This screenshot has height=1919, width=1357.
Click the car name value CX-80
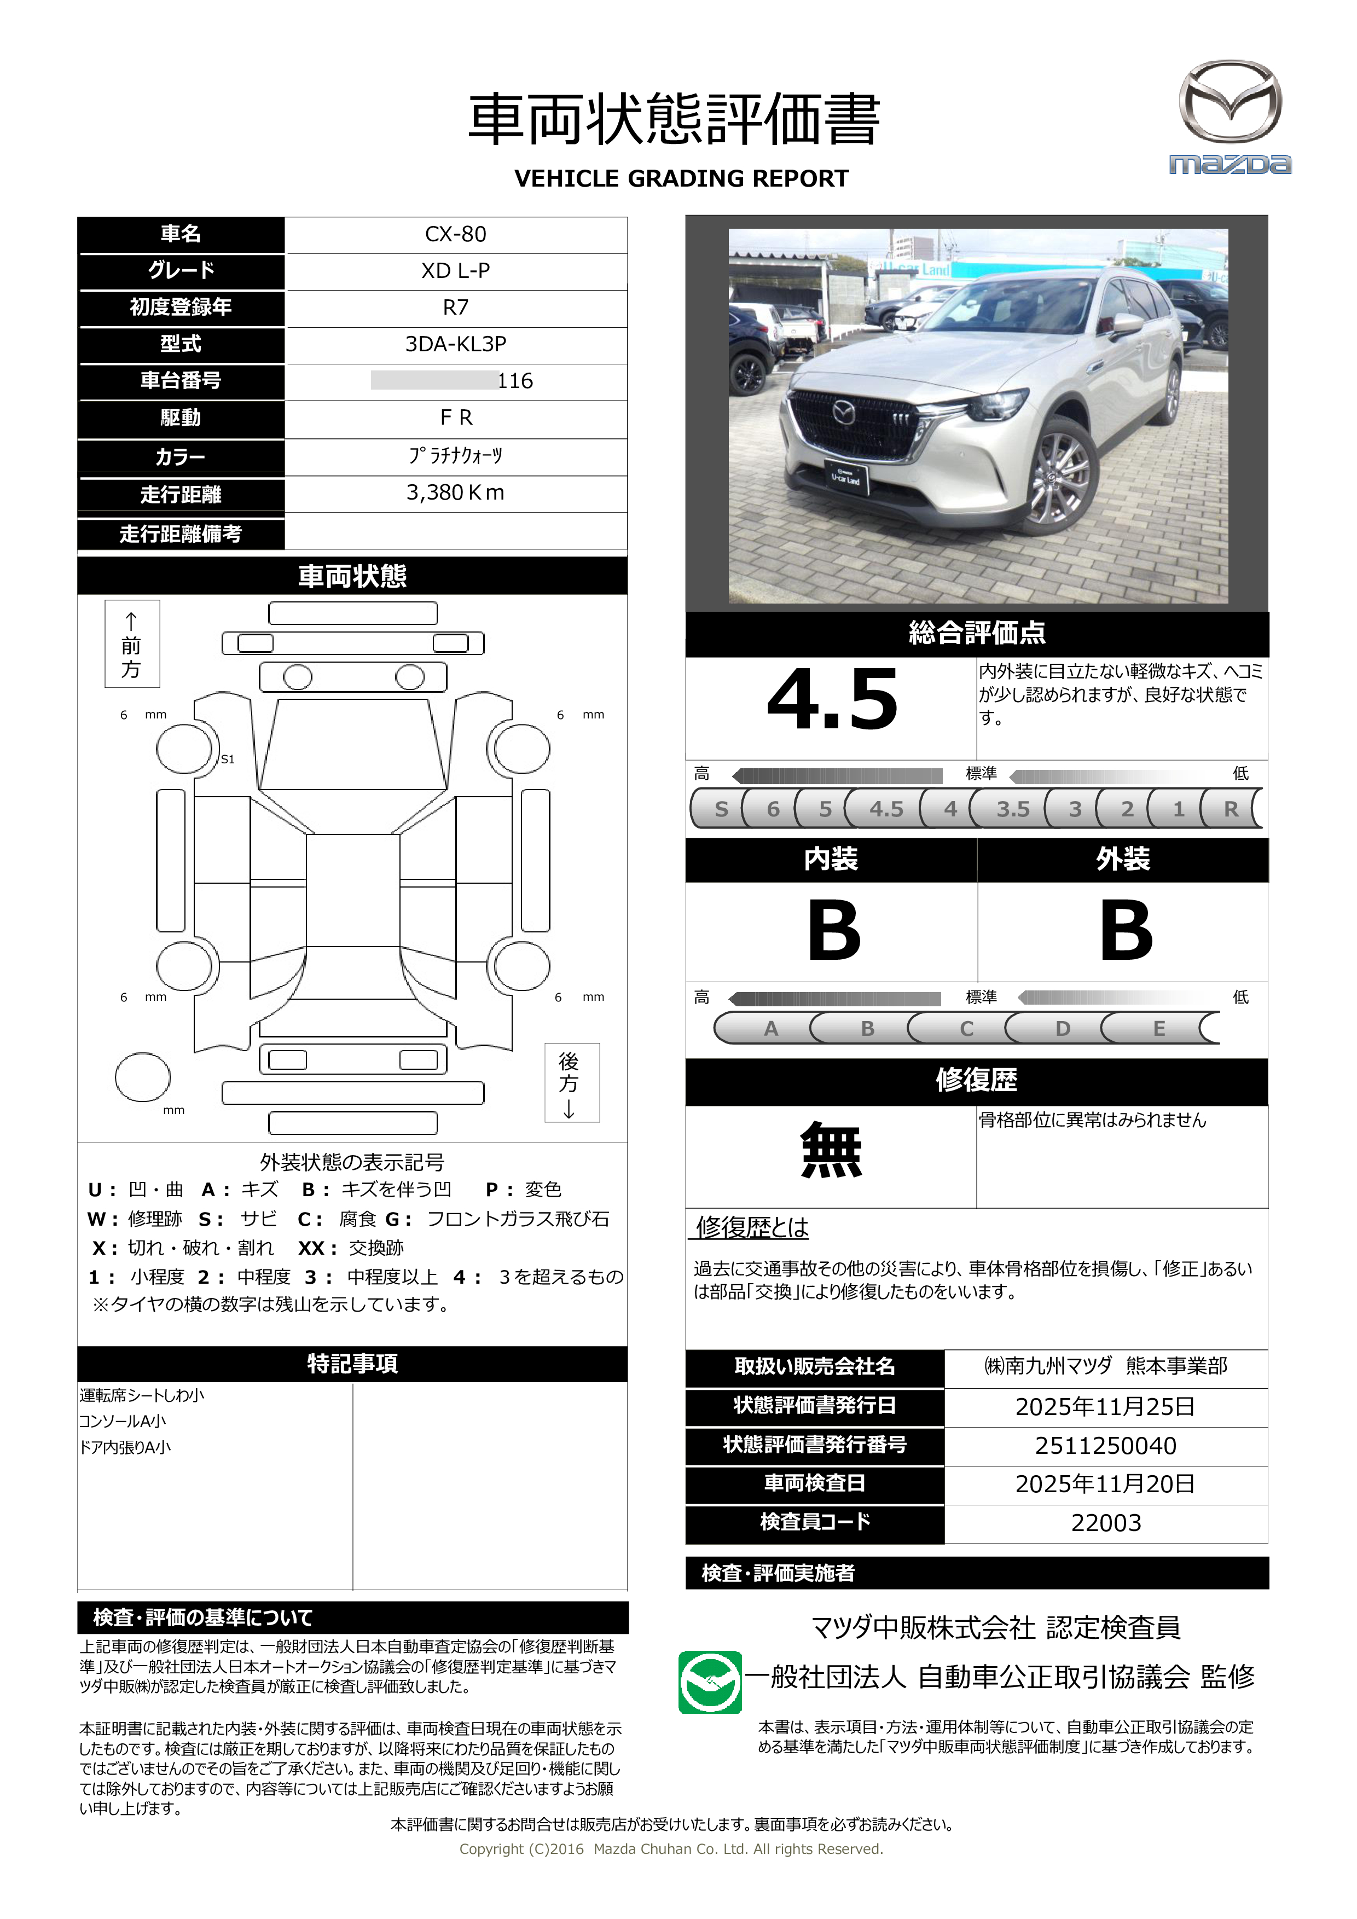(x=455, y=234)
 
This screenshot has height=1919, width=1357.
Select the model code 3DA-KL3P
(x=455, y=344)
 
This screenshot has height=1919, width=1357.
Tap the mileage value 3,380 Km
(x=455, y=492)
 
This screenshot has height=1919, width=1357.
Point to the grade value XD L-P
(x=455, y=271)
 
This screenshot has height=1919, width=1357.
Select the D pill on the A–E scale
(x=1062, y=1028)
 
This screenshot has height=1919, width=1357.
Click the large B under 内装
(x=833, y=930)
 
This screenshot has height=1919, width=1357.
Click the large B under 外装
(x=1126, y=930)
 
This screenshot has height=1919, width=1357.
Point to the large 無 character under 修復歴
(x=831, y=1151)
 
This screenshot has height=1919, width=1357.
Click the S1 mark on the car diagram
(x=227, y=759)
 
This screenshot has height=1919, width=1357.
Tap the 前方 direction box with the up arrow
(x=131, y=643)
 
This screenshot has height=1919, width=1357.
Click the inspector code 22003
(x=1105, y=1523)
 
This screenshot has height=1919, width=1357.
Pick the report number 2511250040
(x=1105, y=1445)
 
